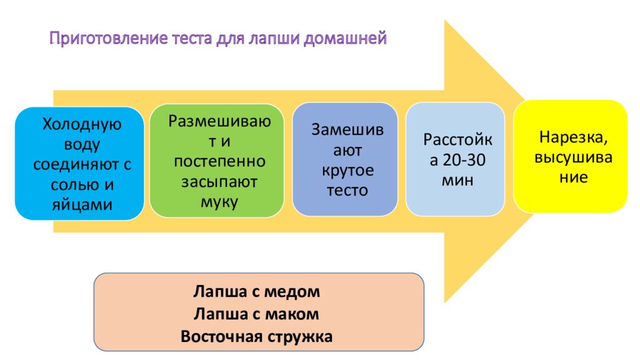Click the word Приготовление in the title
109,39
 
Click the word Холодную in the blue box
82,124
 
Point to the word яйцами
82,204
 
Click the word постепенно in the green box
219,162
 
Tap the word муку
219,202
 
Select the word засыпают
219,182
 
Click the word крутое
347,171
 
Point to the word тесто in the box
347,191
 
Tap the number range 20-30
464,160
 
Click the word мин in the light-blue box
457,181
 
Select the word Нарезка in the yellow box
570,137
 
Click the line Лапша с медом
257,291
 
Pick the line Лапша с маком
256,314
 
